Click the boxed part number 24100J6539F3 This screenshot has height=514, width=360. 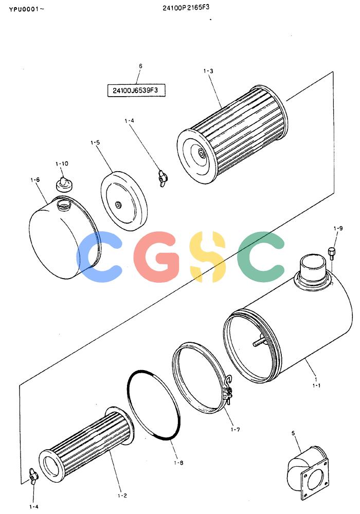pos(136,90)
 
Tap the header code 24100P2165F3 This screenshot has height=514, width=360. pos(186,8)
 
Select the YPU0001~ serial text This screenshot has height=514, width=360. pos(26,9)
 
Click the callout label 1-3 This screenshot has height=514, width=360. pos(208,71)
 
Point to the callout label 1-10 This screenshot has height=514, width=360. pos(62,163)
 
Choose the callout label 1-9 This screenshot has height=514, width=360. pos(338,228)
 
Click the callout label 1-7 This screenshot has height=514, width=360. pos(235,429)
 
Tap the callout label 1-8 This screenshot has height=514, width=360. pos(178,463)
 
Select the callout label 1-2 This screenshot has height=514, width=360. pos(122,495)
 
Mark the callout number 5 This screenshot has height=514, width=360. pos(293,433)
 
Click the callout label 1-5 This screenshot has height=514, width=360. pos(95,142)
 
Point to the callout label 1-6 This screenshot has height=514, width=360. pos(35,179)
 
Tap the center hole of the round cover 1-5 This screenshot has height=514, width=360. pos(117,205)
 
